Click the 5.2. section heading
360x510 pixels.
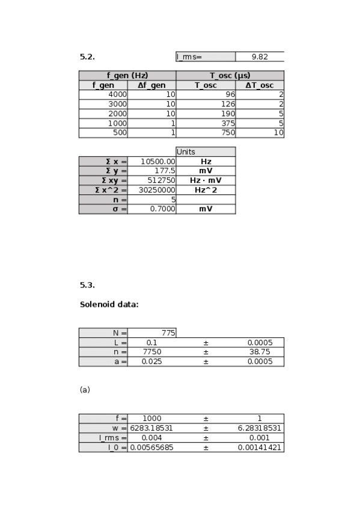point(87,57)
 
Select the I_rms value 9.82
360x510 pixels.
point(259,57)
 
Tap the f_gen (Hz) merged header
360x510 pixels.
point(127,76)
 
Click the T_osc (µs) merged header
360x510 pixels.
point(230,76)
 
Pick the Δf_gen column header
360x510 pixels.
point(151,85)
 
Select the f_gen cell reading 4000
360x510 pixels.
point(117,95)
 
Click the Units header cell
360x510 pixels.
point(205,152)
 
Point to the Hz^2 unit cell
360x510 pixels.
point(205,190)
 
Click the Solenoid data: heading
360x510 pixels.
point(109,304)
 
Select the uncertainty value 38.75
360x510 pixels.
point(260,352)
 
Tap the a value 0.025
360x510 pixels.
point(151,361)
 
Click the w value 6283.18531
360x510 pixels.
point(151,428)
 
